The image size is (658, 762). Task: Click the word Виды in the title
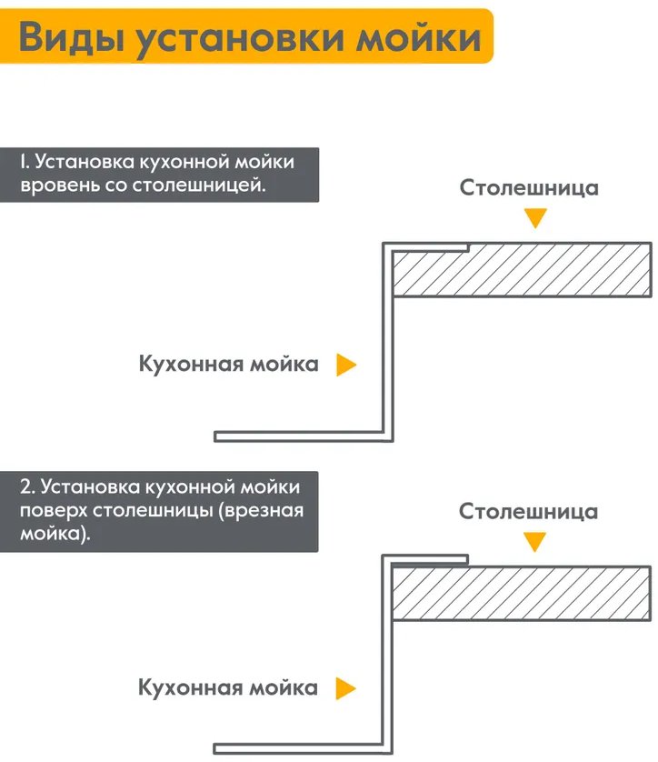click(x=71, y=37)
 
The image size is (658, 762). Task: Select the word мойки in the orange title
click(x=419, y=37)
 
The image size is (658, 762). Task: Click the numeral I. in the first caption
click(x=25, y=161)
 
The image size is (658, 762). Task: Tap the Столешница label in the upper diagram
click(x=529, y=188)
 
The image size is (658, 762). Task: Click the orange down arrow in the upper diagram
click(x=535, y=217)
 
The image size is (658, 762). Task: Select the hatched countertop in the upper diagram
click(x=522, y=270)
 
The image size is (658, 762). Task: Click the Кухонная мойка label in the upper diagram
click(x=229, y=364)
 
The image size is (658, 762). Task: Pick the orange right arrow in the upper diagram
click(x=345, y=365)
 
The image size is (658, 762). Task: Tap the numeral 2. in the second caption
click(x=27, y=486)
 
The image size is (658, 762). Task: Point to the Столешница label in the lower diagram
click(x=528, y=512)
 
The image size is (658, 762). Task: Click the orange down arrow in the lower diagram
click(x=534, y=541)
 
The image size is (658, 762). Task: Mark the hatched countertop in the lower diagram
click(x=521, y=593)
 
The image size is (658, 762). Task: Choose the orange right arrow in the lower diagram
click(x=345, y=688)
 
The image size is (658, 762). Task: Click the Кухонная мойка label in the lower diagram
click(x=228, y=687)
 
